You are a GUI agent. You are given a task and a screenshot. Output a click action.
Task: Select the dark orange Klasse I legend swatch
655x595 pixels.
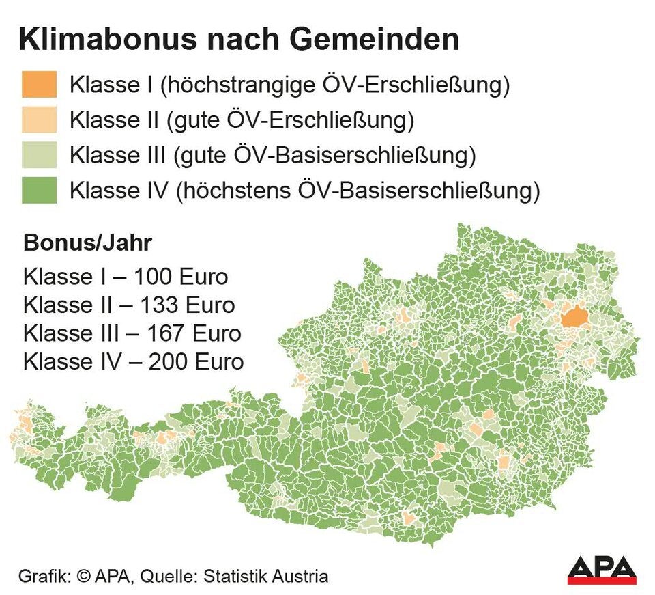point(39,85)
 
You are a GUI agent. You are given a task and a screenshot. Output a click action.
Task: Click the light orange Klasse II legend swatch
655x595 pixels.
point(39,120)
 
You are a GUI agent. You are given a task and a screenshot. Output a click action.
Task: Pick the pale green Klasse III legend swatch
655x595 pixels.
point(39,155)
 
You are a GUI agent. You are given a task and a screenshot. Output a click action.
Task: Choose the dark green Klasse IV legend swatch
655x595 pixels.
point(39,191)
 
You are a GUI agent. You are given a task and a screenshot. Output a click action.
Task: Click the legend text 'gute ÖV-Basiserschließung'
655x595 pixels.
point(325,156)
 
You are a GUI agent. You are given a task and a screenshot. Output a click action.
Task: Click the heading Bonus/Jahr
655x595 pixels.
point(87,244)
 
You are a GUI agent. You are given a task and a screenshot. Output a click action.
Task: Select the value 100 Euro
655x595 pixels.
point(181,278)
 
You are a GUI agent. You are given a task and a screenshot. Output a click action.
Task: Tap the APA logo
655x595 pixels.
point(602,570)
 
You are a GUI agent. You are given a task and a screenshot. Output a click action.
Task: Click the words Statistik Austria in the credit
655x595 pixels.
point(267,576)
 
